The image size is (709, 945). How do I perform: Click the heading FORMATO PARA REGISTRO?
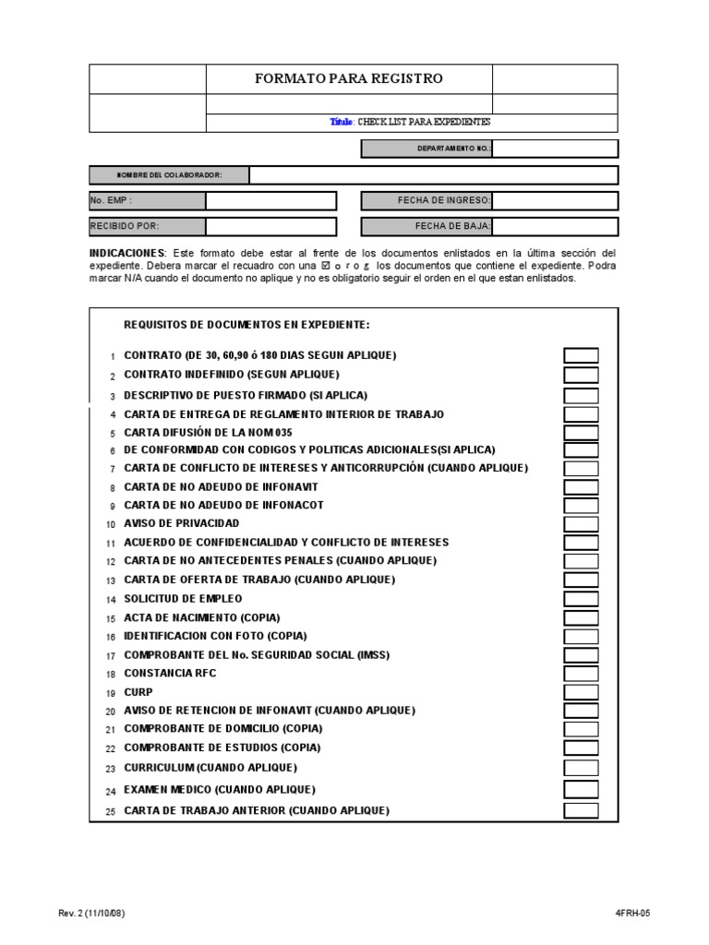[348, 78]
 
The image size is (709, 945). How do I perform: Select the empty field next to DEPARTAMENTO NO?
[555, 149]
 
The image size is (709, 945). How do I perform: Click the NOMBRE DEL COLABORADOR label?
[169, 175]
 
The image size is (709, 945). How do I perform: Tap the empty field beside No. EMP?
[270, 201]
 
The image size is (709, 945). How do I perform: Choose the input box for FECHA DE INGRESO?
[555, 201]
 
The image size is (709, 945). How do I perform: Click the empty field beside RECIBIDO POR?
[270, 226]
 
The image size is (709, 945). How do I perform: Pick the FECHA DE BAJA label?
[452, 226]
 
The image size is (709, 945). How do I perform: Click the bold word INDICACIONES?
[127, 253]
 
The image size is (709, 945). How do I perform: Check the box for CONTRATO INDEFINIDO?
[581, 375]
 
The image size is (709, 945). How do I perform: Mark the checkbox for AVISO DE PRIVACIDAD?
[581, 524]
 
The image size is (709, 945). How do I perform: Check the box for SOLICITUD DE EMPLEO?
[581, 599]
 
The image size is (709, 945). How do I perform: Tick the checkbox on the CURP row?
[581, 692]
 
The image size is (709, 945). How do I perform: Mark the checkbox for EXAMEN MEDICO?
[581, 789]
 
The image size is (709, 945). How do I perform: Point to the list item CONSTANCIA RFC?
[170, 673]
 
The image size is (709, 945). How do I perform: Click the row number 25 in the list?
[110, 812]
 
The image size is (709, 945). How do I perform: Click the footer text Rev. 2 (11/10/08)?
[91, 914]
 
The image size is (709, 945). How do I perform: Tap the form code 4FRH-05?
[632, 914]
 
